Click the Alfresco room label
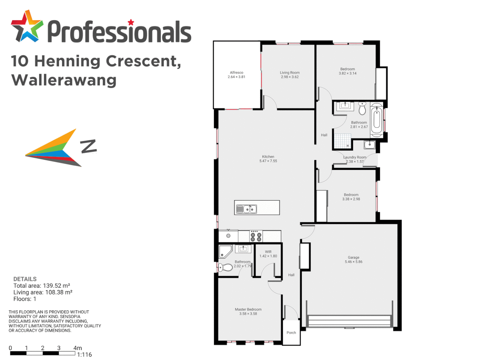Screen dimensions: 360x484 point(236,72)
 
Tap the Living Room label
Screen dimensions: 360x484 point(289,72)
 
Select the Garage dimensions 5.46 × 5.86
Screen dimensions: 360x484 point(353,262)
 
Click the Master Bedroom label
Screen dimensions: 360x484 point(248,309)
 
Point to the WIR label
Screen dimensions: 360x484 point(268,252)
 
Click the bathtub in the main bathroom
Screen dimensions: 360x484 point(376,119)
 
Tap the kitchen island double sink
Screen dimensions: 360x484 point(246,209)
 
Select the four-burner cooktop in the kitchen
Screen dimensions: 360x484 point(256,236)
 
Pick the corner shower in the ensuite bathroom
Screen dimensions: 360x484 point(225,252)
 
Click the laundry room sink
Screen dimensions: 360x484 point(369,145)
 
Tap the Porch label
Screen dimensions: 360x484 point(291,333)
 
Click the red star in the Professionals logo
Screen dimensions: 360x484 point(131,23)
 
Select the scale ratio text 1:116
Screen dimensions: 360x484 point(84,355)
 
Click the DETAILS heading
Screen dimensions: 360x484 point(25,279)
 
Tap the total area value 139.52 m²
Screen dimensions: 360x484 point(56,286)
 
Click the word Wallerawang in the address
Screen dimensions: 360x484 point(64,80)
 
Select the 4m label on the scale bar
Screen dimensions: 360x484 point(77,348)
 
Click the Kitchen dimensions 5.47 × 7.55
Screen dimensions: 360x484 point(268,161)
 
